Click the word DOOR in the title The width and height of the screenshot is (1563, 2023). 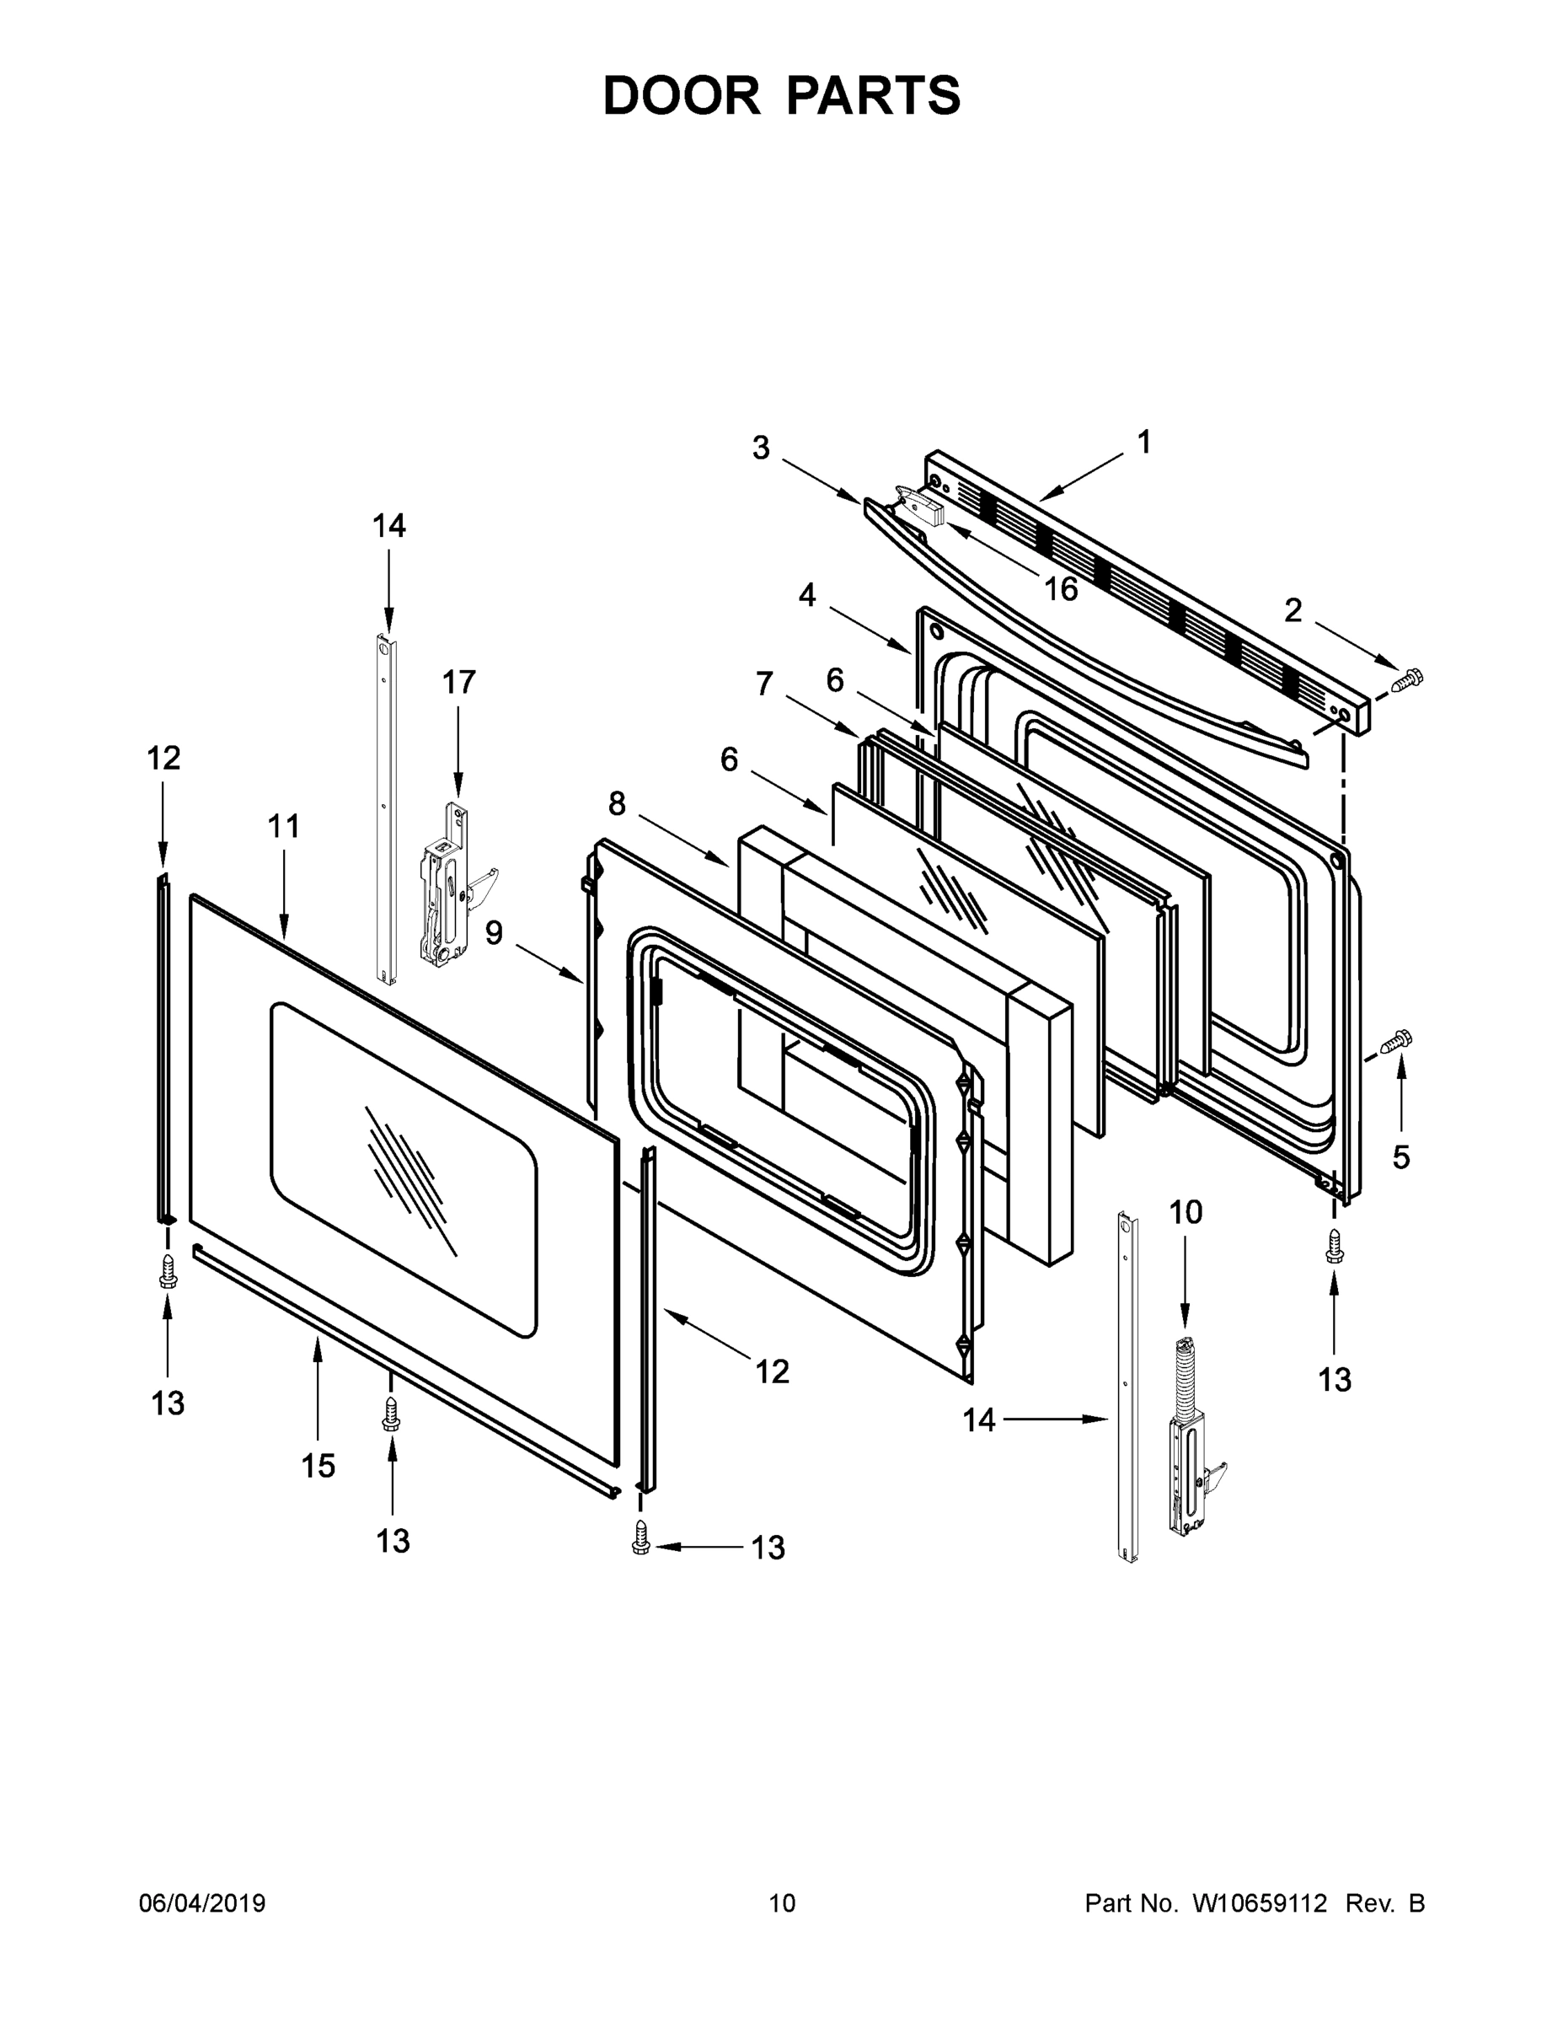[x=681, y=95]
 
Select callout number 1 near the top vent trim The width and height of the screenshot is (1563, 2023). [x=1143, y=443]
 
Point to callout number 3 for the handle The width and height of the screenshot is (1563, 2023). [x=760, y=448]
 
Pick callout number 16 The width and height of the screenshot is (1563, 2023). [x=1061, y=589]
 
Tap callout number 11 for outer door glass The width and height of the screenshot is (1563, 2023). [x=284, y=826]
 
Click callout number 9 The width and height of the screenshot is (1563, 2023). [x=494, y=933]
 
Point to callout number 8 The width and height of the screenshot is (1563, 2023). [x=617, y=805]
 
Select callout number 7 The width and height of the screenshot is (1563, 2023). [x=764, y=684]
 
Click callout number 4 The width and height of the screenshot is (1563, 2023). [x=807, y=596]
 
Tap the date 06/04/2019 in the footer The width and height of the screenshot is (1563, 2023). [x=202, y=1903]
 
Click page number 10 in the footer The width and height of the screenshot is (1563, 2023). [x=782, y=1903]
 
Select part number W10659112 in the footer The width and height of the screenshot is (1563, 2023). [x=1260, y=1903]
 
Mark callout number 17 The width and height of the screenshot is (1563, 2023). [x=458, y=683]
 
